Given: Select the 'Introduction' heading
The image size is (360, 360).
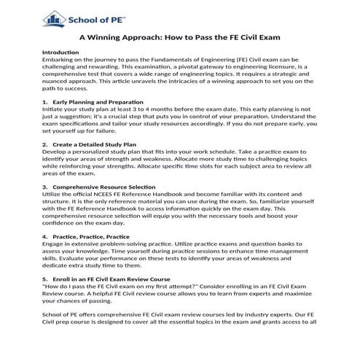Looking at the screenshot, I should pos(60,53).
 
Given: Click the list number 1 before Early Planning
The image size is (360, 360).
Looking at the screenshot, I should pos(44,101).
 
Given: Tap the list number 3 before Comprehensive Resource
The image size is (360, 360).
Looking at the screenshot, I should pos(44,187).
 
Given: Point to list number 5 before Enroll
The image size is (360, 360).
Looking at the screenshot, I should pos(44,278).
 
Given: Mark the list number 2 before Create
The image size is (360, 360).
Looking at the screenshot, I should pos(44,144).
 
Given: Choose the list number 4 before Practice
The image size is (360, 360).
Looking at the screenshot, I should pos(44,236).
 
